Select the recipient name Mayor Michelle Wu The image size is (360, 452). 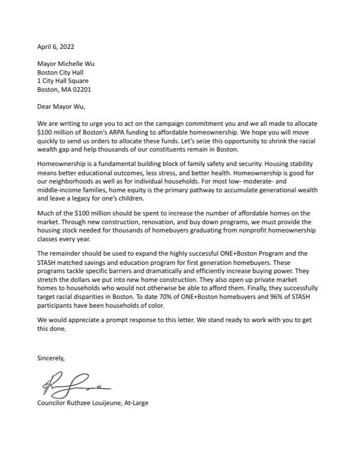(66, 64)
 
